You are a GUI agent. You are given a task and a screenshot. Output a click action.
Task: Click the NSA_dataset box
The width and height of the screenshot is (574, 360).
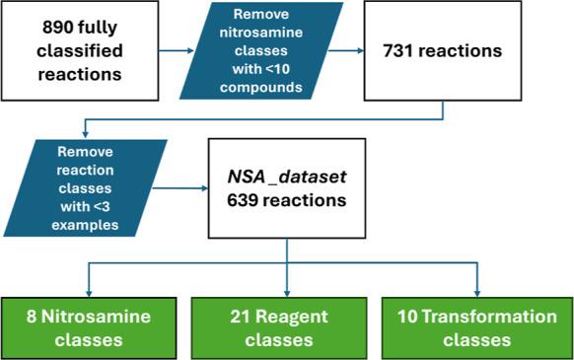(286, 185)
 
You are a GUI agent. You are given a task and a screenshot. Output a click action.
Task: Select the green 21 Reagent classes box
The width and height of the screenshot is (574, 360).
(286, 327)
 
